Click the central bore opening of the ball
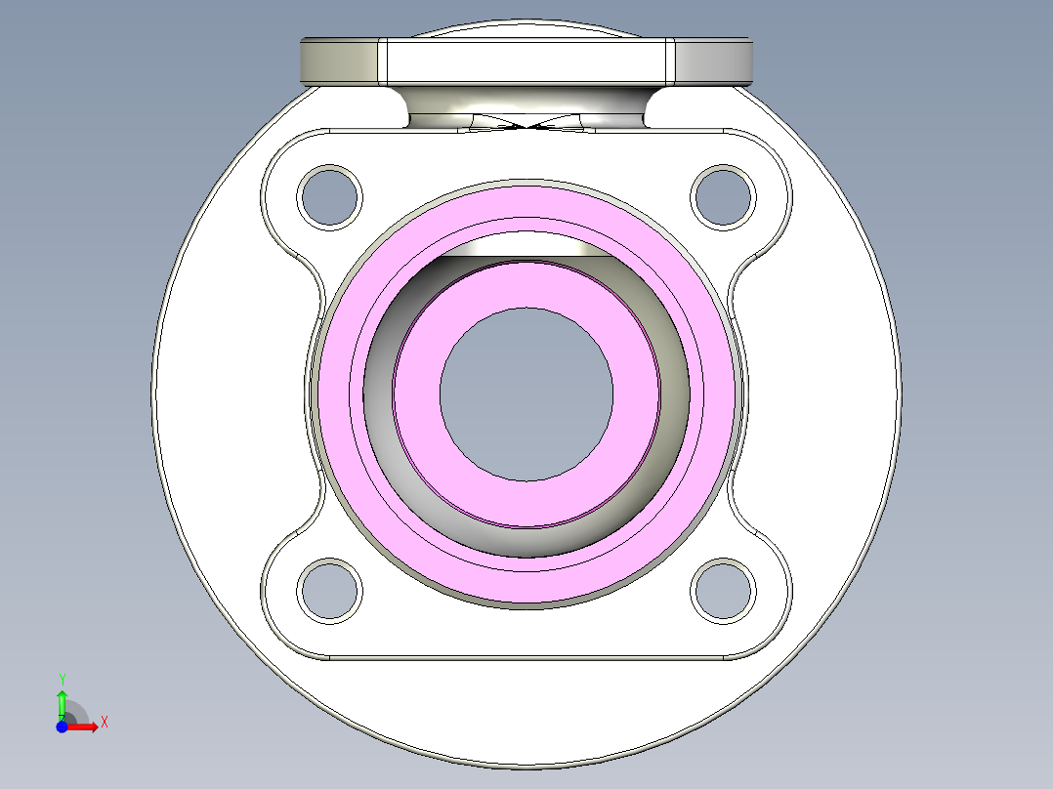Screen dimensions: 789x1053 coord(526,394)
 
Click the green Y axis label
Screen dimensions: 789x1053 coord(62,679)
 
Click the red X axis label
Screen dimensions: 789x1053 coord(104,723)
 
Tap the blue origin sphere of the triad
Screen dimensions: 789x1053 coord(62,727)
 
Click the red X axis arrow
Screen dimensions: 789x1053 coord(86,727)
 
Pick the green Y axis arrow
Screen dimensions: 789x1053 coord(62,701)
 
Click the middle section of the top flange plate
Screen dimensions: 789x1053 coord(526,62)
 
